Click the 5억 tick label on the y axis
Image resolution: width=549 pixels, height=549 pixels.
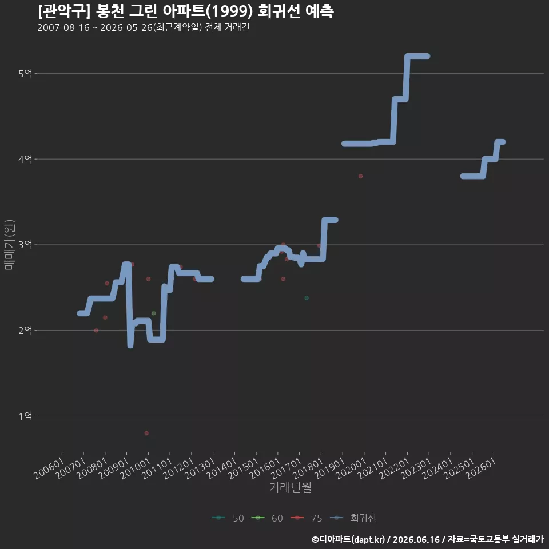coord(25,74)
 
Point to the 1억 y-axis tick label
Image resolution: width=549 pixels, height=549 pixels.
coord(25,416)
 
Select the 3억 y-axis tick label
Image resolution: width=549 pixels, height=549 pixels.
coord(25,244)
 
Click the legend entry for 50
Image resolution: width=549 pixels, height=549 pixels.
coord(228,518)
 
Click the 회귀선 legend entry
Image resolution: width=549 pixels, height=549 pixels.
coord(353,518)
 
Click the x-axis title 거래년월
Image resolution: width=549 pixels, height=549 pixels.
coord(291,487)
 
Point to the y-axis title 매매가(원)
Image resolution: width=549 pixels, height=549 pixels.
coord(9,245)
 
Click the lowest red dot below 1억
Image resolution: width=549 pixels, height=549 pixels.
coord(146,433)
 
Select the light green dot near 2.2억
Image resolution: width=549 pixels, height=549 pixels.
coord(154,313)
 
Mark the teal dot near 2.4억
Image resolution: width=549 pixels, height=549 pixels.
coord(307,298)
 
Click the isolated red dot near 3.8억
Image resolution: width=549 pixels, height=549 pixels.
coord(360,176)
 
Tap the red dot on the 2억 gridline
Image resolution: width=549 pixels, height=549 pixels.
coord(96,330)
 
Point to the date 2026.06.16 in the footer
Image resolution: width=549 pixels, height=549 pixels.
coord(416,539)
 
